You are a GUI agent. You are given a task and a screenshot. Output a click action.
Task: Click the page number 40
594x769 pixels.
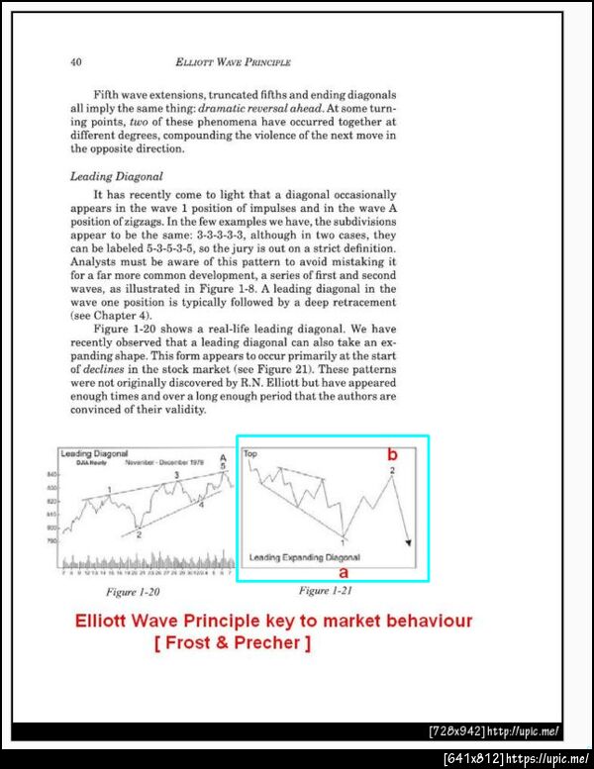tap(75, 61)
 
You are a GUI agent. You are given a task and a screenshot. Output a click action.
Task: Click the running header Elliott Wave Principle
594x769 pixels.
tap(233, 61)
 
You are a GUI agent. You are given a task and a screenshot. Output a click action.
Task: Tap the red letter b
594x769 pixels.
tap(392, 454)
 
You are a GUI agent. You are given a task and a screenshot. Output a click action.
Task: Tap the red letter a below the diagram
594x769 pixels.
tap(344, 572)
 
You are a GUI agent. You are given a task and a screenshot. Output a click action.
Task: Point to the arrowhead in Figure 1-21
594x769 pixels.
tap(407, 540)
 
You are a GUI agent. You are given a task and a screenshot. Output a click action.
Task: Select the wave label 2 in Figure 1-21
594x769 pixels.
tap(393, 470)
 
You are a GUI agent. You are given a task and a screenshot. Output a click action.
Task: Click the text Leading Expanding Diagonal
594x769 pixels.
tap(304, 557)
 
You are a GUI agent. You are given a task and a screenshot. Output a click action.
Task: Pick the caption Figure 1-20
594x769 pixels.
tap(133, 591)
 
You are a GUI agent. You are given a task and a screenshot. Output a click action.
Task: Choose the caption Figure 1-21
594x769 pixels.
tap(327, 591)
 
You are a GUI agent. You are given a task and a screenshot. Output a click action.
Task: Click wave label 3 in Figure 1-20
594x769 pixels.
tap(176, 475)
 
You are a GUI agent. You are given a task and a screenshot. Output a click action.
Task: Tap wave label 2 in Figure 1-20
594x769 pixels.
tap(139, 534)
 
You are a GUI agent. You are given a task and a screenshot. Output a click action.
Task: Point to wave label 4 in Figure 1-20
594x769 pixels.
tap(201, 505)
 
